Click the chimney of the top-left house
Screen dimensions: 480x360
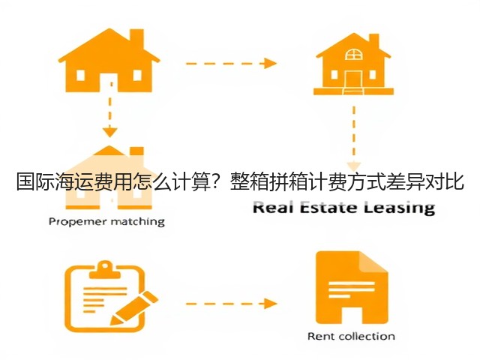click(136, 38)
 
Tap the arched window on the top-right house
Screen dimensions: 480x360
click(353, 54)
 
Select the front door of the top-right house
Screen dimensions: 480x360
click(353, 79)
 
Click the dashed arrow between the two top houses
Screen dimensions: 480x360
click(231, 63)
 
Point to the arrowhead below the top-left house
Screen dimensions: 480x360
click(110, 132)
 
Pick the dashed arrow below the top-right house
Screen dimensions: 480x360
click(354, 138)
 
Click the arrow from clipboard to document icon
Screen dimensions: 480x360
click(231, 304)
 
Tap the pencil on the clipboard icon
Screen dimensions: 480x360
click(133, 308)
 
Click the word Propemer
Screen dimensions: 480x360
click(76, 222)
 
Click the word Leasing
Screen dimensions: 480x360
click(400, 208)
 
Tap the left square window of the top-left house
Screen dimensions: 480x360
click(80, 75)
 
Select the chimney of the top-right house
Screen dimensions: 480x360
click(373, 41)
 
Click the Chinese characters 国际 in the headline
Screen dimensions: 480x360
click(35, 181)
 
